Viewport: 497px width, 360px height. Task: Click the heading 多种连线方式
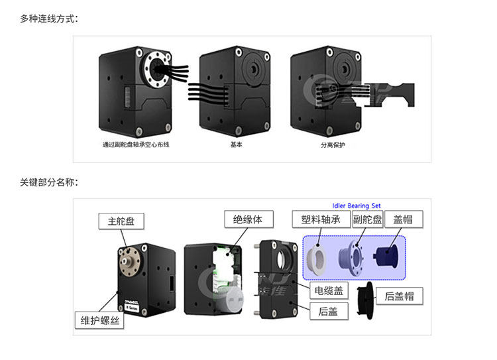pos(49,18)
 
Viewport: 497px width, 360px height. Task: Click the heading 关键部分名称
pos(49,182)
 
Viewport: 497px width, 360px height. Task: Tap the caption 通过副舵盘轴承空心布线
pos(136,145)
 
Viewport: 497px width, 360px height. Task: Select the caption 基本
pos(236,145)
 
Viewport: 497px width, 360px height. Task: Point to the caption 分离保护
pos(333,145)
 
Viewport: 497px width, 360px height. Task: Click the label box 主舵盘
pos(121,221)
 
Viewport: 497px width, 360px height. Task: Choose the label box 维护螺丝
pos(96,321)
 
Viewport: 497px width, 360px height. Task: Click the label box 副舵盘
pos(367,219)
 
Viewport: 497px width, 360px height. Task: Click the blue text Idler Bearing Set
pos(360,206)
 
